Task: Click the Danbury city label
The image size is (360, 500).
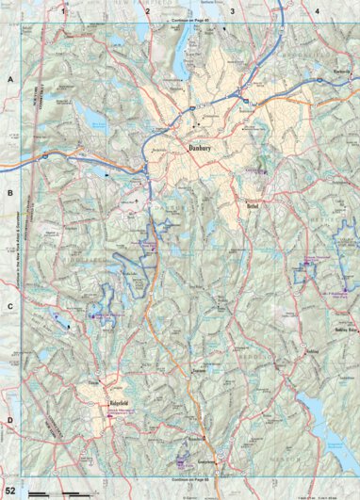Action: click(203, 148)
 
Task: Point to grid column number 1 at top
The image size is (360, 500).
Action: click(64, 10)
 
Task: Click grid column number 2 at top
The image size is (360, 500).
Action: click(148, 10)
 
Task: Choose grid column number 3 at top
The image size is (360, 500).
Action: click(233, 10)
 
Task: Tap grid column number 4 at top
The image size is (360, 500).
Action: click(317, 10)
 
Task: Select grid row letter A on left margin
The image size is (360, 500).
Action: click(9, 81)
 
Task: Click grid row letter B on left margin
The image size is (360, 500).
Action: click(9, 194)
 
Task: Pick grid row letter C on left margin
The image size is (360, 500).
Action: click(9, 307)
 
